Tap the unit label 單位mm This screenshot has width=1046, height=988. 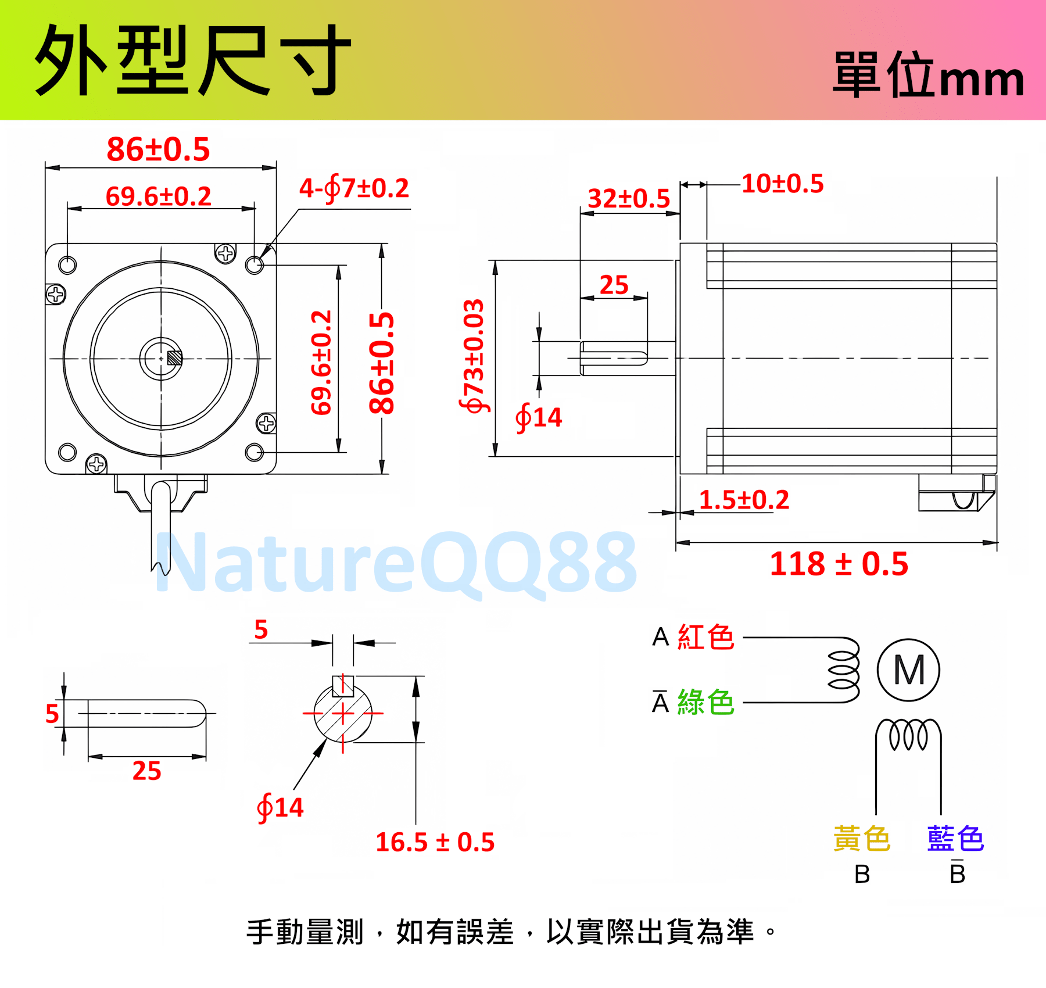tap(928, 75)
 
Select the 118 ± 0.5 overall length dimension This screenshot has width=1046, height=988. tap(839, 564)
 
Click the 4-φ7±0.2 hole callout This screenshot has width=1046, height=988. tap(354, 188)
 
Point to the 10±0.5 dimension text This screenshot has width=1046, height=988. tap(783, 184)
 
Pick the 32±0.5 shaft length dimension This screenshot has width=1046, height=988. tap(629, 199)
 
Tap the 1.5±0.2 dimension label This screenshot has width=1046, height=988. tap(744, 500)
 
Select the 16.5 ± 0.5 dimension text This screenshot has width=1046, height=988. tap(435, 842)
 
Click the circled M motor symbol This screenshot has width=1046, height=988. tap(908, 670)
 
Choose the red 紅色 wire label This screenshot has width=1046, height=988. tap(706, 637)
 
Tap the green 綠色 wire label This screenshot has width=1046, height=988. tap(706, 702)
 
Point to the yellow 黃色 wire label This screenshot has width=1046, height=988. tap(862, 839)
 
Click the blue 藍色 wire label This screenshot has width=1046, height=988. tap(956, 839)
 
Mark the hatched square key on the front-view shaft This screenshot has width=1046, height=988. tap(174, 358)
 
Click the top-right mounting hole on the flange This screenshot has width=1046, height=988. tap(255, 265)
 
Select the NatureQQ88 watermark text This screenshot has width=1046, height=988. tap(396, 563)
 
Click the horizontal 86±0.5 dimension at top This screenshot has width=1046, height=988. tap(158, 149)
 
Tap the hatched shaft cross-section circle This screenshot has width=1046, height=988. tap(343, 714)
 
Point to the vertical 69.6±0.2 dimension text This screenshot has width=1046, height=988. tap(321, 363)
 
